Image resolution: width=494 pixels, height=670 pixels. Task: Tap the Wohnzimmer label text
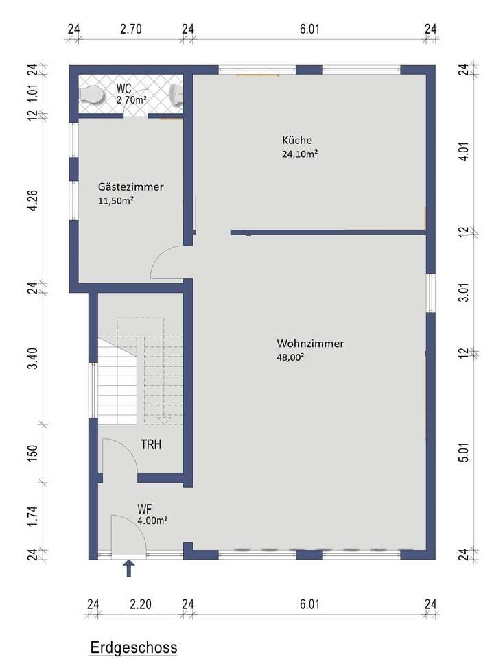click(x=310, y=343)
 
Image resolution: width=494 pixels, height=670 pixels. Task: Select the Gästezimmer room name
click(x=131, y=187)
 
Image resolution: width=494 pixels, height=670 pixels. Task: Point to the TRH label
click(x=151, y=444)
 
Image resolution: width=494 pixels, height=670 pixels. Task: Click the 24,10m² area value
click(x=299, y=154)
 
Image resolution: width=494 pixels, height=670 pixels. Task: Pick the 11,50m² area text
click(x=116, y=201)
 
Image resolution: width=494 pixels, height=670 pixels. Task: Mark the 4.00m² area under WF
click(x=152, y=521)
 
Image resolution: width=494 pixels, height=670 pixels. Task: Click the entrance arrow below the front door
click(x=128, y=569)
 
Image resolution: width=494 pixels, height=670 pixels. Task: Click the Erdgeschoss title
click(x=133, y=647)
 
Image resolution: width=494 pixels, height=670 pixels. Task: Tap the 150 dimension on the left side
click(x=32, y=452)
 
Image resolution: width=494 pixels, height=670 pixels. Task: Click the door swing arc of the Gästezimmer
click(x=163, y=261)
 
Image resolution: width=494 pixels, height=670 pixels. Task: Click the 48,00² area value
click(x=290, y=357)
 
